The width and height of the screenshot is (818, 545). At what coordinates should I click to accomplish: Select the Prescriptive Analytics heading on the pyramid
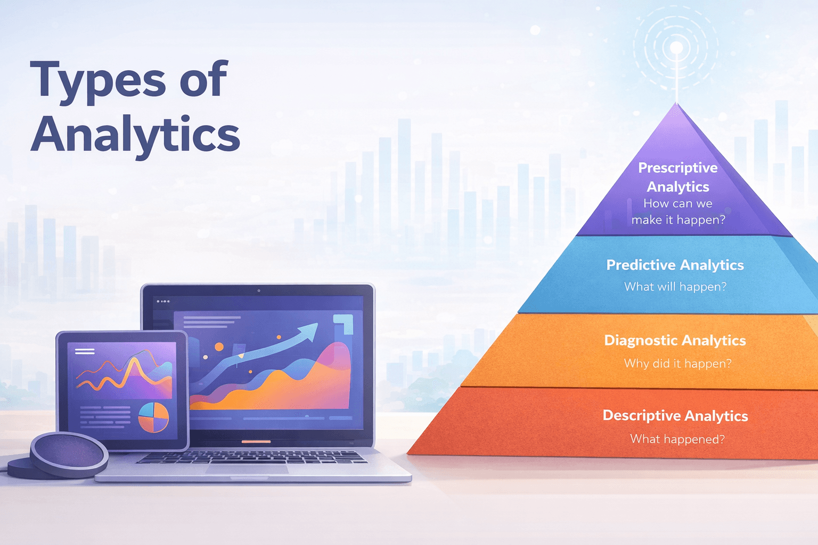pyautogui.click(x=677, y=177)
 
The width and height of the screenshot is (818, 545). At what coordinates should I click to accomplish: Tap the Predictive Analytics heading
pyautogui.click(x=675, y=265)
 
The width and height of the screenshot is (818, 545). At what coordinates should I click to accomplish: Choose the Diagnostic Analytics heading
pyautogui.click(x=675, y=341)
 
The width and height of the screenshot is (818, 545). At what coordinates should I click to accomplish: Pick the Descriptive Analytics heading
pyautogui.click(x=675, y=416)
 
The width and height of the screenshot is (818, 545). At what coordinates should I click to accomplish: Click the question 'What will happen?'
pyautogui.click(x=675, y=287)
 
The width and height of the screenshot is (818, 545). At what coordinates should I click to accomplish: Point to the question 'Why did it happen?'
pyautogui.click(x=677, y=364)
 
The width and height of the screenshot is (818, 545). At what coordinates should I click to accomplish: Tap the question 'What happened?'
pyautogui.click(x=677, y=439)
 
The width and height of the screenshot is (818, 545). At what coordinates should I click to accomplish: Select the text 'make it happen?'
pyautogui.click(x=678, y=220)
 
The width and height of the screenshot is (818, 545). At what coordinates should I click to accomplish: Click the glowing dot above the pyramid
pyautogui.click(x=676, y=48)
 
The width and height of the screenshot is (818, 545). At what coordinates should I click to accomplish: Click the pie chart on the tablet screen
pyautogui.click(x=153, y=417)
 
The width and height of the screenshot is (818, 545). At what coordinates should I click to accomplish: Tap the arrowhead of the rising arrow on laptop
pyautogui.click(x=309, y=332)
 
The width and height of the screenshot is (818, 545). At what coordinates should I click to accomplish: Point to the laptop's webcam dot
pyautogui.click(x=259, y=291)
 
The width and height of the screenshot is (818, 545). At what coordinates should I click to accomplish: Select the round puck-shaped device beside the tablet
pyautogui.click(x=69, y=454)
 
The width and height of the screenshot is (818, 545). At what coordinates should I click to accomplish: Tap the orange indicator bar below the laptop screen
pyautogui.click(x=256, y=442)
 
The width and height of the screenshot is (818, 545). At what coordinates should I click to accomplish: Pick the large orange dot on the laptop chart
pyautogui.click(x=219, y=347)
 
